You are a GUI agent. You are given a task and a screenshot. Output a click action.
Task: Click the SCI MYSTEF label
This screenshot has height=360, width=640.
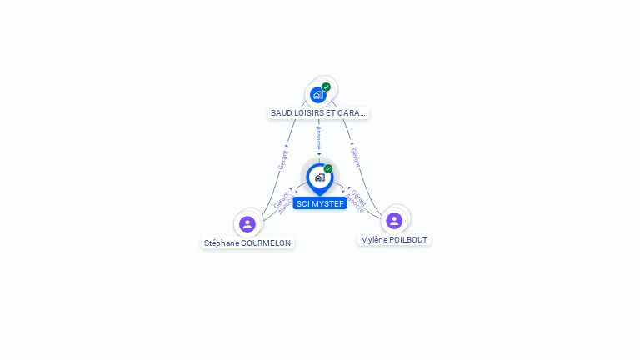click(320, 203)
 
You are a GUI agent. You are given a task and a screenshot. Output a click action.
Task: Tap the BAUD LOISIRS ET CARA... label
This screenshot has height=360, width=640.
click(318, 112)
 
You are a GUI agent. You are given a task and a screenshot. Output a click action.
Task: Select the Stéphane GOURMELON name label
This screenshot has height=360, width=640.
click(248, 243)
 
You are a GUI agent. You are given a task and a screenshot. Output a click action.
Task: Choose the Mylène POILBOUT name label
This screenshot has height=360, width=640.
click(394, 239)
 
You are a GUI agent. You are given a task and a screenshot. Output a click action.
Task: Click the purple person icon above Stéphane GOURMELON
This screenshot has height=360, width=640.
click(247, 223)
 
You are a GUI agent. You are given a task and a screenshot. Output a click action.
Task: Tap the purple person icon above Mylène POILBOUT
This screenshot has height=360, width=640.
click(394, 220)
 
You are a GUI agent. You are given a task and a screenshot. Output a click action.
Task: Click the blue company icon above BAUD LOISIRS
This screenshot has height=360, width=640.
click(318, 95)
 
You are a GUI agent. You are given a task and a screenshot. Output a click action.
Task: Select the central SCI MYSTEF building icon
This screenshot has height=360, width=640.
click(319, 177)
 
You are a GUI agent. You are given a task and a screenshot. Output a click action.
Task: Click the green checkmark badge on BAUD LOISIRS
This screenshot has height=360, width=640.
click(327, 87)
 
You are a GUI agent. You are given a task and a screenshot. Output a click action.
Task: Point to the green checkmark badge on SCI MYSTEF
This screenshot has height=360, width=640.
click(328, 169)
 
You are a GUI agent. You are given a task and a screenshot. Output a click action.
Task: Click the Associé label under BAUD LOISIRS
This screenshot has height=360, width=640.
click(319, 137)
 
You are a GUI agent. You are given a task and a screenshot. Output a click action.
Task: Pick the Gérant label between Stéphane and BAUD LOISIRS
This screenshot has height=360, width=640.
click(283, 160)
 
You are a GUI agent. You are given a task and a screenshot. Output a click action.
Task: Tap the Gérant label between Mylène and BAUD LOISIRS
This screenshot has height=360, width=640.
click(355, 157)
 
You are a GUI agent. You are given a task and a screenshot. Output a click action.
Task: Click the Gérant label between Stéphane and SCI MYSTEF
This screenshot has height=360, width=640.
click(279, 200)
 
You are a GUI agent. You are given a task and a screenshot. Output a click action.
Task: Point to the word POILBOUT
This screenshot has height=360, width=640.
click(408, 239)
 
